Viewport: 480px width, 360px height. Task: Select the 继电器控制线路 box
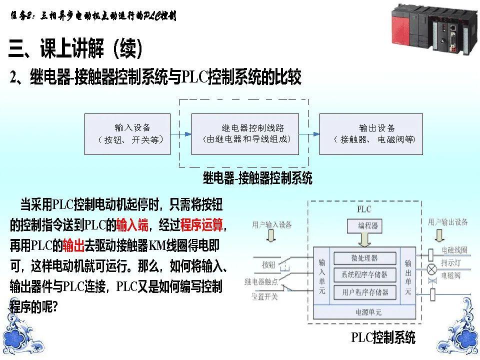point(245,133)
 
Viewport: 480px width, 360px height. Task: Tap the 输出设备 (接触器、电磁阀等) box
point(371,133)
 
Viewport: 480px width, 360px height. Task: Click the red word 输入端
point(132,226)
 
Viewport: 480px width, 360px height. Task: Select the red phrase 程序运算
point(201,226)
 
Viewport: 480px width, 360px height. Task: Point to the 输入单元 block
point(322,275)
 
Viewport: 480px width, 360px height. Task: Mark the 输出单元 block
point(408,275)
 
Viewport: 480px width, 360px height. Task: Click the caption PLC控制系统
point(383,338)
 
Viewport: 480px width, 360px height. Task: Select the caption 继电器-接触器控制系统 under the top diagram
point(257,177)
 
